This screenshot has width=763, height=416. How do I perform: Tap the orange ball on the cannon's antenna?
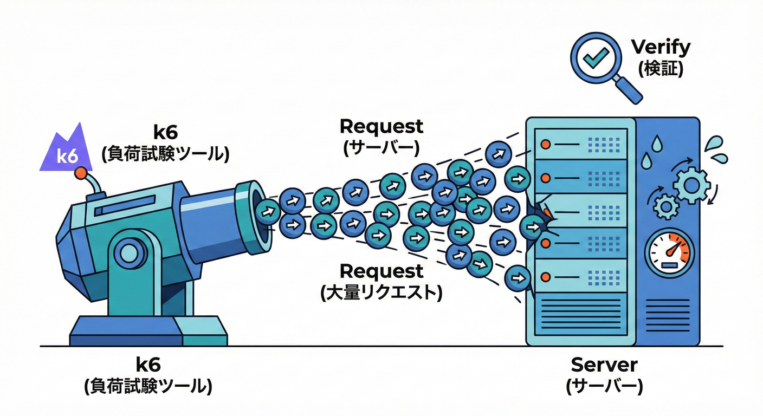click(x=81, y=173)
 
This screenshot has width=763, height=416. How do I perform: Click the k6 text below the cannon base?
click(x=148, y=364)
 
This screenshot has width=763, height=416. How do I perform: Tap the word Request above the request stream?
click(x=381, y=126)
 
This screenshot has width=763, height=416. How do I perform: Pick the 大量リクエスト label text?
click(x=381, y=293)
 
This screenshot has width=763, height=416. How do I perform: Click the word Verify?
click(x=661, y=47)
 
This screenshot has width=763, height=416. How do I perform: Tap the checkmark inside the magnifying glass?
click(x=597, y=56)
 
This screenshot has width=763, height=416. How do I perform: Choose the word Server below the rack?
click(x=604, y=365)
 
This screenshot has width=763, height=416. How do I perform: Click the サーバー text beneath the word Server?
click(x=604, y=386)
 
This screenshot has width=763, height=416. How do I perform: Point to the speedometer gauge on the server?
click(x=670, y=251)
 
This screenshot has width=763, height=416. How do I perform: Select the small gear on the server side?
click(x=664, y=206)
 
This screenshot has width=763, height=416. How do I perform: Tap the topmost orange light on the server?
click(x=546, y=145)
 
